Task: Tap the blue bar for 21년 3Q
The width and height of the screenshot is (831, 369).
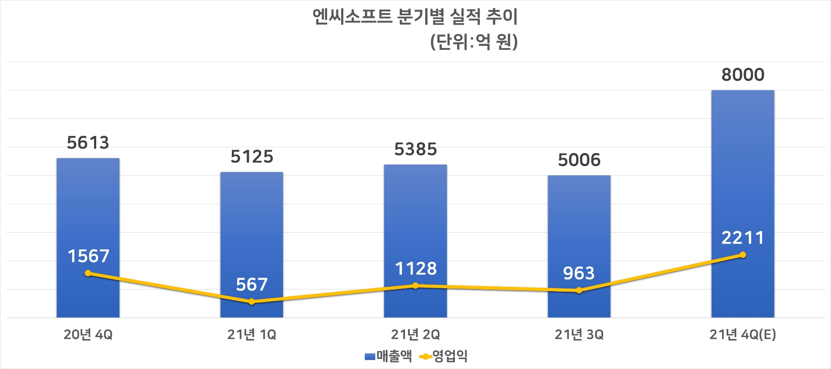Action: (579, 227)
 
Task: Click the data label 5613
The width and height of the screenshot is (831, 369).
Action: (88, 143)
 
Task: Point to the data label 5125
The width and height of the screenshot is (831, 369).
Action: (252, 157)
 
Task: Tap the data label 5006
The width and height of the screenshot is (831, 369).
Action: (579, 160)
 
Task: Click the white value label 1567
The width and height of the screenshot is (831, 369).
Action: (88, 256)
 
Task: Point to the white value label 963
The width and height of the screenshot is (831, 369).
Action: (579, 274)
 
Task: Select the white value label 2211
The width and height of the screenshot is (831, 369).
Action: (743, 238)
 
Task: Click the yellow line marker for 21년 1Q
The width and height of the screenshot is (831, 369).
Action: (251, 302)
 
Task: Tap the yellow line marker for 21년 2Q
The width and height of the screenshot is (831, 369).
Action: (415, 286)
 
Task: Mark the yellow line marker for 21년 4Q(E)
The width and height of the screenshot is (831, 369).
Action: (743, 255)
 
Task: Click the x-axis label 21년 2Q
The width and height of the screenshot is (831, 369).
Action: (415, 335)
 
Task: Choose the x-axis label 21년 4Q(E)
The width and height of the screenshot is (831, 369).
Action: (743, 335)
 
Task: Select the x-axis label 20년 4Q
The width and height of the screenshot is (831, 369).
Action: (88, 335)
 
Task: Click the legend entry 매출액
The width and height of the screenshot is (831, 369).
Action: (388, 356)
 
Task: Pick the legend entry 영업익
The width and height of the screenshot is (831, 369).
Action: (444, 356)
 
